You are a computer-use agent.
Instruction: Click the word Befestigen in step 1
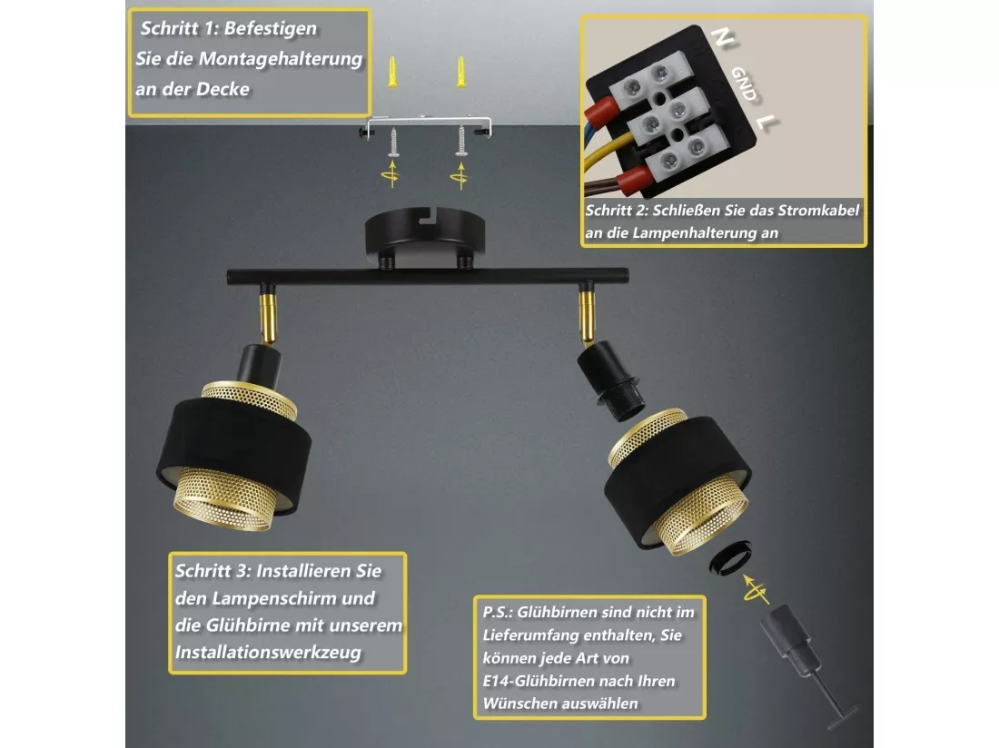(x=270, y=29)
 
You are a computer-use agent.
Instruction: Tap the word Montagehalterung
(x=281, y=59)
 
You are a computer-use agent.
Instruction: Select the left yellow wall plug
(x=392, y=72)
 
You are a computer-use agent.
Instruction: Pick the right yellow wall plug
(x=460, y=72)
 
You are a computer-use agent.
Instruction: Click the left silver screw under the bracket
(x=393, y=142)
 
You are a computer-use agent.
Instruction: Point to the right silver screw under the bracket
(x=460, y=142)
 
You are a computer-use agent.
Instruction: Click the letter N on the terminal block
(x=722, y=38)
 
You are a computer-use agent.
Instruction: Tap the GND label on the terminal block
(x=744, y=84)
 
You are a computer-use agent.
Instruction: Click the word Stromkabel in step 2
(x=818, y=210)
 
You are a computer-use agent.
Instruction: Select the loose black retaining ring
(x=730, y=557)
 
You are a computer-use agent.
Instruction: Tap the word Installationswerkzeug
(x=268, y=653)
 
